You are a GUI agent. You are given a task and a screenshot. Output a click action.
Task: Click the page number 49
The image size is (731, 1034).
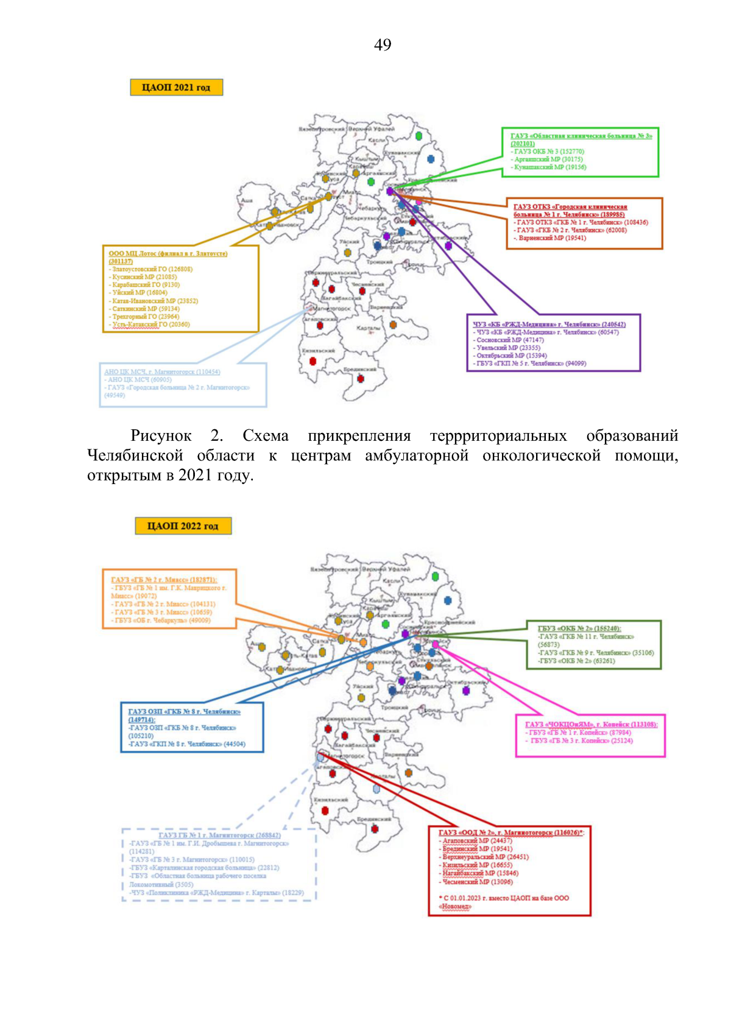[383, 44]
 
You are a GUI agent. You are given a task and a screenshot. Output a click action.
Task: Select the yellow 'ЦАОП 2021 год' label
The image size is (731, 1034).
[176, 88]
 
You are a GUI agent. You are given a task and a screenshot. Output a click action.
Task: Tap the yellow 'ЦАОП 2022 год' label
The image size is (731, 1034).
[183, 526]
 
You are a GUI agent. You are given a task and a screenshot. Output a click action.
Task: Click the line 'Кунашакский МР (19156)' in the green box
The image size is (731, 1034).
[549, 167]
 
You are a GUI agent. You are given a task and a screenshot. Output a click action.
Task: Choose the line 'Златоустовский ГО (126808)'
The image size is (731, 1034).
[152, 269]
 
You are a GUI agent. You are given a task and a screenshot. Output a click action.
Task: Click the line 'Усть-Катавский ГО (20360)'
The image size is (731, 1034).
[150, 325]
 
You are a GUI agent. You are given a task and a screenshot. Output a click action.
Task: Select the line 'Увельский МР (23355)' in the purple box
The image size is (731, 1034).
[508, 348]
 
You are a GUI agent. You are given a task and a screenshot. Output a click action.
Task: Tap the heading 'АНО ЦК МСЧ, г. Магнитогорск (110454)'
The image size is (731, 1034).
[162, 372]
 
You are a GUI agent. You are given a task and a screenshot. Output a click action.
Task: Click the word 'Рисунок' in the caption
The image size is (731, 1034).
[161, 436]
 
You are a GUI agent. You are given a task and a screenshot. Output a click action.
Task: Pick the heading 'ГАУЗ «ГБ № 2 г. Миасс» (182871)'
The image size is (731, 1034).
[164, 580]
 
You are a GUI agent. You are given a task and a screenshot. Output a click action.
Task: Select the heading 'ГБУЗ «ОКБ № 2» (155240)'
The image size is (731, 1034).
[579, 628]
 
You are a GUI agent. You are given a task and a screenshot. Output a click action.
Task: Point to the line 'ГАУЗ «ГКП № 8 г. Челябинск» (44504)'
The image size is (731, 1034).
[186, 744]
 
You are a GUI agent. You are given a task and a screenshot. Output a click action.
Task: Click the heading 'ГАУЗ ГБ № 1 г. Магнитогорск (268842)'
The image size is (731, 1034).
[219, 835]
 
